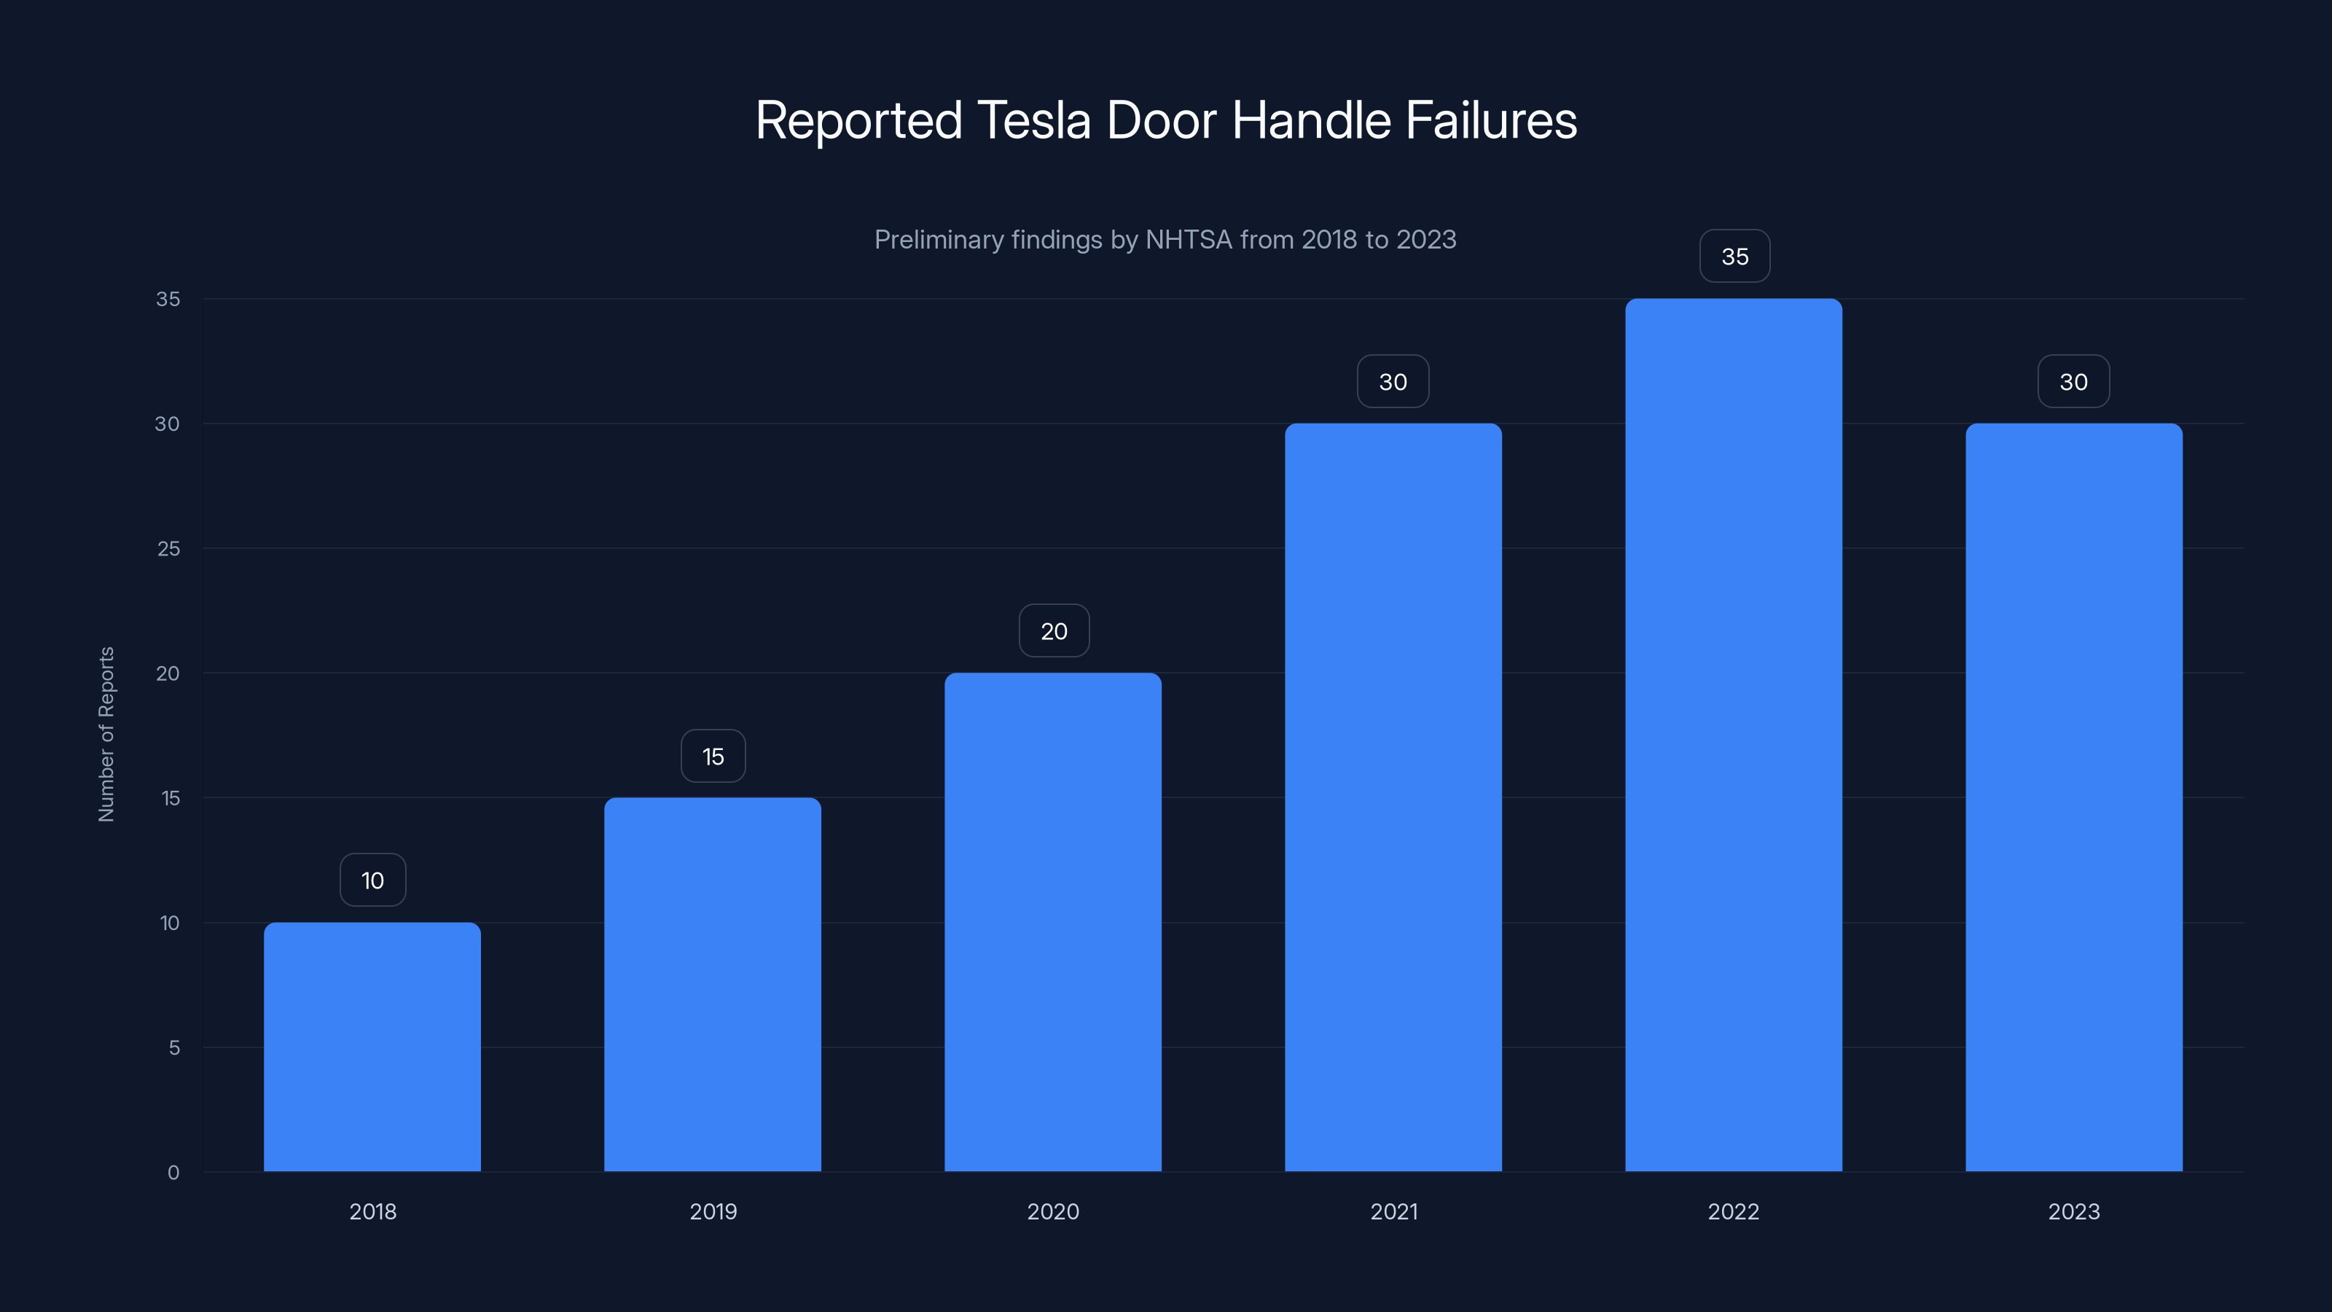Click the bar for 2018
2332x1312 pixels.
372,1047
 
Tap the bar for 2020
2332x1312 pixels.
1053,922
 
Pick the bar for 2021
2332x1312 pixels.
1393,797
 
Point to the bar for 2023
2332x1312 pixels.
2074,797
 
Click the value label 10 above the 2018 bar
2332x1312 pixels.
373,880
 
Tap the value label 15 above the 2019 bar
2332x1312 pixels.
713,756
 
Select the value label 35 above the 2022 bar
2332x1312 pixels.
1734,257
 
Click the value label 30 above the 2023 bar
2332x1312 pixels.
2074,381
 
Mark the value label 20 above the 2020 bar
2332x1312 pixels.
1054,631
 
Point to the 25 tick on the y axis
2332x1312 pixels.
168,549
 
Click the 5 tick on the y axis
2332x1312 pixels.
174,1047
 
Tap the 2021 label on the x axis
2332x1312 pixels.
1394,1211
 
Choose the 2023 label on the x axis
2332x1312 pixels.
2074,1211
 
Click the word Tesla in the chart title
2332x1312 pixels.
1034,120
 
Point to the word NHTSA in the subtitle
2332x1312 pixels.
1189,240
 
